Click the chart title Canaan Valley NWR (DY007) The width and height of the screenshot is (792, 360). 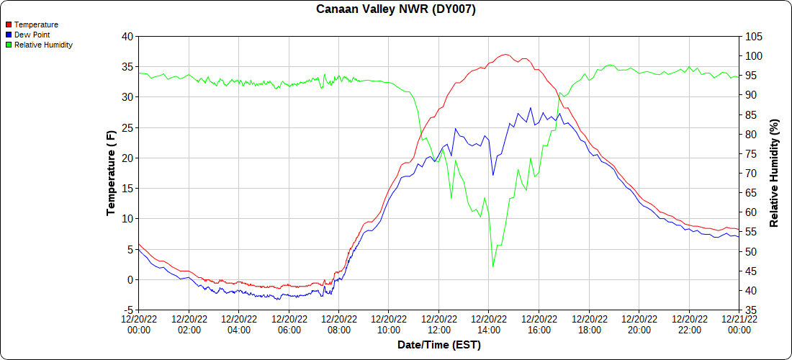point(396,9)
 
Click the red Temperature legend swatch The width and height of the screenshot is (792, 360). point(9,24)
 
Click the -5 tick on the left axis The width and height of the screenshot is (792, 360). point(127,310)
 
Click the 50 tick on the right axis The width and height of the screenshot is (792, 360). point(751,251)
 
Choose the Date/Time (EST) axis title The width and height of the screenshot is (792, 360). point(438,345)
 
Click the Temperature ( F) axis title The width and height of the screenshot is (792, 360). point(111,173)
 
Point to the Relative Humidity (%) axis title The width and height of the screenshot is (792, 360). point(774,173)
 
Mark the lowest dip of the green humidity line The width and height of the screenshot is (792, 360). point(493,267)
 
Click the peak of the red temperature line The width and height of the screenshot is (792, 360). point(505,55)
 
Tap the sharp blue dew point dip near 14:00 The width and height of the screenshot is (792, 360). point(493,175)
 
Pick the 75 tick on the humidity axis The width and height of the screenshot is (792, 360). point(751,153)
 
